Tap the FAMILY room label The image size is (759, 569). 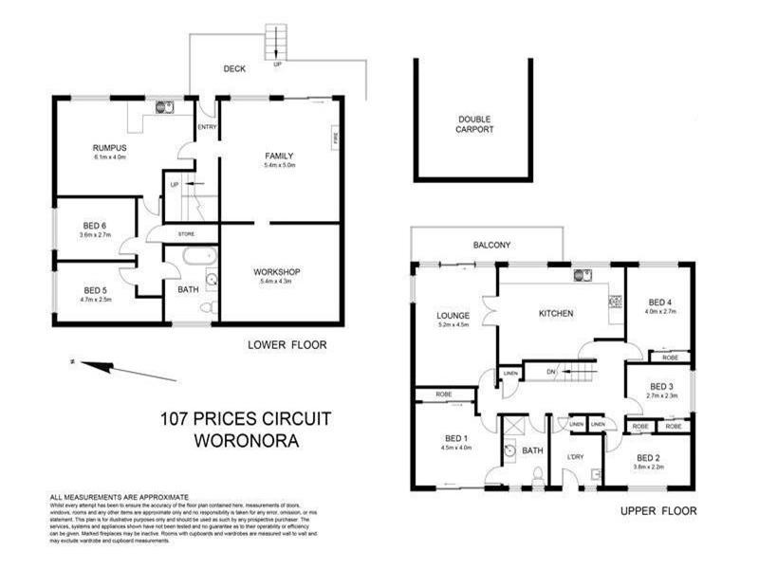coord(278,156)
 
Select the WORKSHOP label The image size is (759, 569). coord(277,272)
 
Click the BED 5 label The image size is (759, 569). coord(95,290)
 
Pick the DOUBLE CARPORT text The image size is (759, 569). coord(474,124)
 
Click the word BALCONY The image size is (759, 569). coord(492,246)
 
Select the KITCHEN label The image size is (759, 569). coord(556,313)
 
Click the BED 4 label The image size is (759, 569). coord(659,302)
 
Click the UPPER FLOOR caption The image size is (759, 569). coord(657,511)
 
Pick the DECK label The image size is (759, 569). coord(234,69)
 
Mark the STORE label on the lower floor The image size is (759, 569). coord(186,234)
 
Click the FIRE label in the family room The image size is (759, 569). coord(334,138)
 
